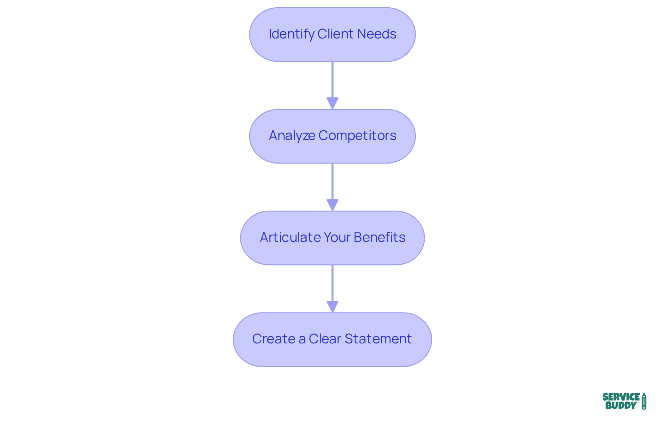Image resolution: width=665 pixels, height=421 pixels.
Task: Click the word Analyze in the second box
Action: click(292, 136)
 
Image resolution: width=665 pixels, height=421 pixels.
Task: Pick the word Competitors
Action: click(357, 136)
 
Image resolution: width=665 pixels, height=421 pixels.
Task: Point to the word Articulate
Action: click(290, 237)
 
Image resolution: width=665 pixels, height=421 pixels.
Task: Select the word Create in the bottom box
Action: click(274, 339)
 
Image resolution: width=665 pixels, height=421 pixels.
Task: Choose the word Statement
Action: click(378, 339)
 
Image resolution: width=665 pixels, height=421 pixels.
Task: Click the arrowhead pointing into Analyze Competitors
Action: click(332, 103)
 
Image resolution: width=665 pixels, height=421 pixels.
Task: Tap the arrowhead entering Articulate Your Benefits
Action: click(332, 205)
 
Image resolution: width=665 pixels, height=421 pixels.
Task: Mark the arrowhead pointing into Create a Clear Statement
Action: click(332, 307)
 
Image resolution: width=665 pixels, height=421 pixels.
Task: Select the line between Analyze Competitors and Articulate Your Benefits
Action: click(332, 181)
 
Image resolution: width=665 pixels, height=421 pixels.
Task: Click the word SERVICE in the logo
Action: click(621, 397)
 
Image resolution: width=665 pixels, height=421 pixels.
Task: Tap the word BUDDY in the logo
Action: click(621, 405)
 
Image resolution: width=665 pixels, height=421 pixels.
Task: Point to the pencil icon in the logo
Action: click(644, 401)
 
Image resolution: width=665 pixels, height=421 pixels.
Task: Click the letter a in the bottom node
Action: click(302, 339)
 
